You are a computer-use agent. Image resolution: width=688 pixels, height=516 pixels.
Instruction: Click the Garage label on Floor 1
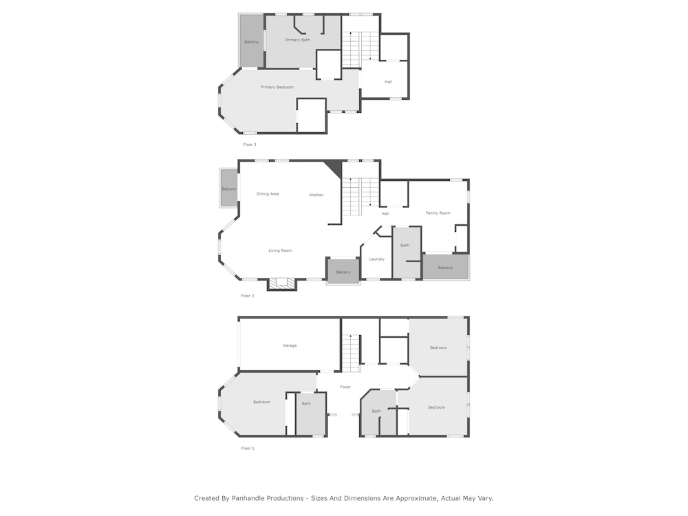click(290, 345)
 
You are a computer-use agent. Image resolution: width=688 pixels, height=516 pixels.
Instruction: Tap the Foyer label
click(345, 387)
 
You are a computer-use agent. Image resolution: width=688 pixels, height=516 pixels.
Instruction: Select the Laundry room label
click(377, 259)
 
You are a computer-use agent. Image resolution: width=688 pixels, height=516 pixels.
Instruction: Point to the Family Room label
click(438, 213)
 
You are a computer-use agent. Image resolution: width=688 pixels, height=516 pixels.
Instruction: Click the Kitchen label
click(316, 195)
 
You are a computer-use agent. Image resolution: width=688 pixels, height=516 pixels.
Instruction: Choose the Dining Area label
click(268, 194)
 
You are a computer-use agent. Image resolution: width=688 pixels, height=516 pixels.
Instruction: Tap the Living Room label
click(280, 250)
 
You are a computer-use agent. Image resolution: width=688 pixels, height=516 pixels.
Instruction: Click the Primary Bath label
click(297, 40)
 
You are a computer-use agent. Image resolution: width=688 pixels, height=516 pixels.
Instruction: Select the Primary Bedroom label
click(277, 87)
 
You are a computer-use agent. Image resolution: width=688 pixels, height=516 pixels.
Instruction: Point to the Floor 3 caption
click(250, 144)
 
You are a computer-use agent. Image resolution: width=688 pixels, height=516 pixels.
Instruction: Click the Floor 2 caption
click(248, 296)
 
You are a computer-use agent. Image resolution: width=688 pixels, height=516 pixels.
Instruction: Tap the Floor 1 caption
click(248, 449)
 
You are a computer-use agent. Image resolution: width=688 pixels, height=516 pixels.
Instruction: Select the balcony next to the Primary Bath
click(251, 42)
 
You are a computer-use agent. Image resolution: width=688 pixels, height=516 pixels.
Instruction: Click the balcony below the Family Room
click(445, 267)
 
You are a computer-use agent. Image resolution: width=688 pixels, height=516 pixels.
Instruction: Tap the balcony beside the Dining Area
click(228, 189)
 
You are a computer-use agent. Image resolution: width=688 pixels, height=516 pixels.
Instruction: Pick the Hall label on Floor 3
click(388, 82)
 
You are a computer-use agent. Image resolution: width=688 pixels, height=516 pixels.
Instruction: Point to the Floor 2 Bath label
click(405, 246)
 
